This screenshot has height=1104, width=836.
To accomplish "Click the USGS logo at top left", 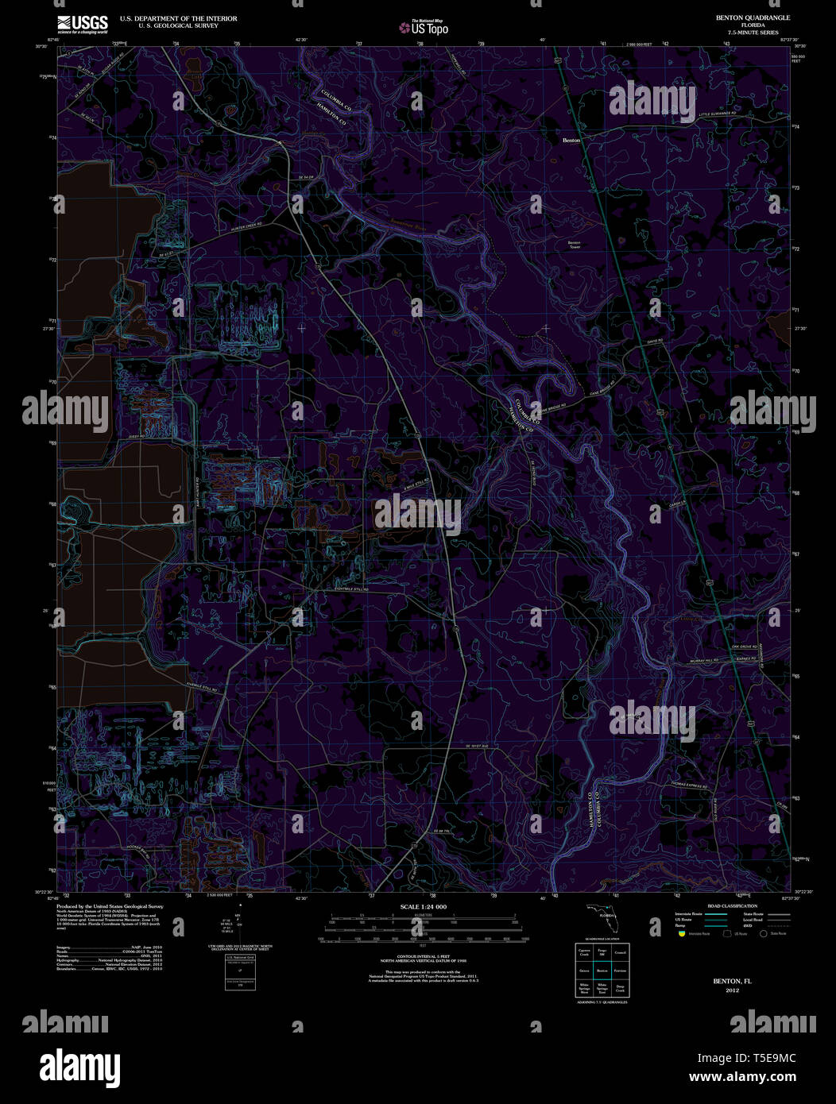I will [83, 25].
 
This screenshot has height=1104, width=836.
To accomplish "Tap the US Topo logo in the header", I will [424, 28].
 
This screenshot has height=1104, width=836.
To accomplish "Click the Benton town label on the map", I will [571, 141].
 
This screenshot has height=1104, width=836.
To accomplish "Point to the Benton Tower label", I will [574, 245].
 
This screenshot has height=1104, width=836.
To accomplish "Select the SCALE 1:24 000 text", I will [423, 907].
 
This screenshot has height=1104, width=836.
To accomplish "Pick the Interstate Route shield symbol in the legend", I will [681, 934].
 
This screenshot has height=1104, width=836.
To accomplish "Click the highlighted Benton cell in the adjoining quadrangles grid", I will [602, 971].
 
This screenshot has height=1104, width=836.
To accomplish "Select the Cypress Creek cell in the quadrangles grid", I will [584, 952].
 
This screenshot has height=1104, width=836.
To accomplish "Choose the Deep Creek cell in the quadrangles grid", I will [620, 990].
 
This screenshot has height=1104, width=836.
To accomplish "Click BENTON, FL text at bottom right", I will [732, 982].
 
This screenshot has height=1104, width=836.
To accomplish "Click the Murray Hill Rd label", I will [702, 660].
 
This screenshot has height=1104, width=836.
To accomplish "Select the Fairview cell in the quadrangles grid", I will [620, 971].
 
